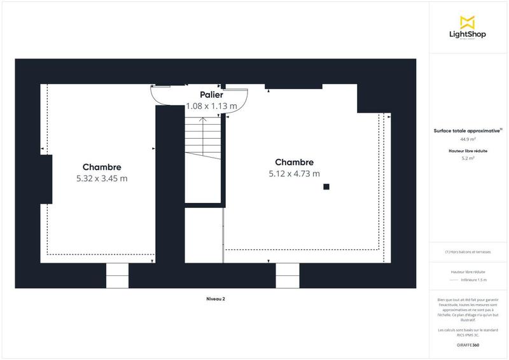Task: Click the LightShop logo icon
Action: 468,22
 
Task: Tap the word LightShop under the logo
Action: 468,34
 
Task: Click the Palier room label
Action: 211,95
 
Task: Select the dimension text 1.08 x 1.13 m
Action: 211,106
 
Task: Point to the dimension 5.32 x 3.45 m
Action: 101,179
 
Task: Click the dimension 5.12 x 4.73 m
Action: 294,173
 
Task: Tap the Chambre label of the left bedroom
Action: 101,167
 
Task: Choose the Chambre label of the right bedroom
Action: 294,162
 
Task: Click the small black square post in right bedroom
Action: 326,186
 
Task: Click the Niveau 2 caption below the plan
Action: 216,298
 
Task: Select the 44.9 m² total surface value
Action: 468,139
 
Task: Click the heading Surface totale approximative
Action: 467,130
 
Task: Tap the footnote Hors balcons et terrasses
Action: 468,252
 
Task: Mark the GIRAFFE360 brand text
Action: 468,344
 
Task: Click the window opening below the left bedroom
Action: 117,275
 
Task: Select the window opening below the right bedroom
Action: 287,275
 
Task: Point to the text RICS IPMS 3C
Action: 468,333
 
